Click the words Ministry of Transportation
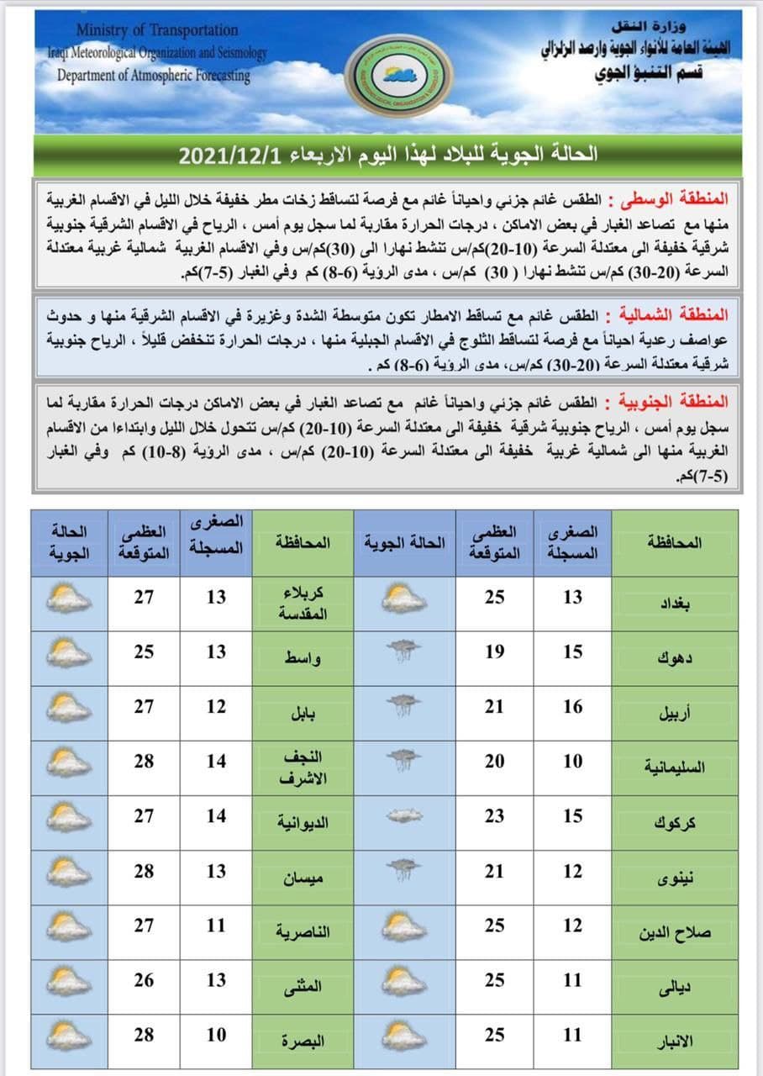pos(157,30)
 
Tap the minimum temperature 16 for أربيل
pos(572,707)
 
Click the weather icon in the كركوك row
pos(404,815)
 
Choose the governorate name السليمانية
pos(673,767)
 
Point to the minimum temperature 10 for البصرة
pos(217,1034)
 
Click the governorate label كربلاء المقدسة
pos(303,603)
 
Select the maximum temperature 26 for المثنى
pos(144,980)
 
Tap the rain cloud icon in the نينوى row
pos(404,868)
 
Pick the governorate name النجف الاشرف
pos(303,768)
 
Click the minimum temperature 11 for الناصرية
pos(217,926)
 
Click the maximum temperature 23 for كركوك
pos(495,816)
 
